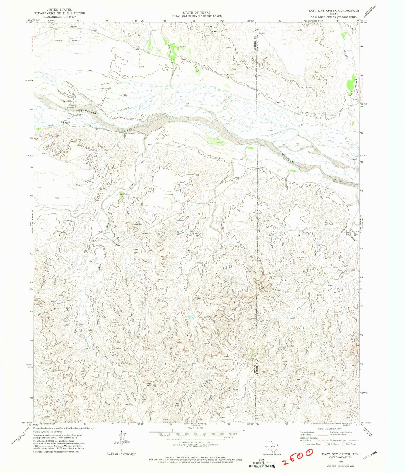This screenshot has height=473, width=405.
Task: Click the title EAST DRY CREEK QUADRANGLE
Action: [334, 10]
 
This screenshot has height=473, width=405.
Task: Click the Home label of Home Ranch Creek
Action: [51, 126]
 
